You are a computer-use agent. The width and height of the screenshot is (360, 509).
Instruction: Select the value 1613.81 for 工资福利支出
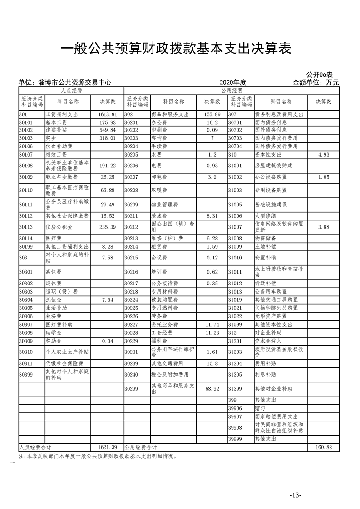(108, 115)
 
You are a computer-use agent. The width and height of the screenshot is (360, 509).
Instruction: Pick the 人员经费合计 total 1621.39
(108, 447)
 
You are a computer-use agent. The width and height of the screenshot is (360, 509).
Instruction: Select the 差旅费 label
(159, 216)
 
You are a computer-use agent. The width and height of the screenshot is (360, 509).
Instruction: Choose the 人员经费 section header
(71, 91)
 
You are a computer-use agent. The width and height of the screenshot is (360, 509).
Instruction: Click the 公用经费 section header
(232, 91)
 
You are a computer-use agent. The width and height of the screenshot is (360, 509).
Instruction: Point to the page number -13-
(295, 494)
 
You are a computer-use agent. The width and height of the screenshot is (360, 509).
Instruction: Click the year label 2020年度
(232, 83)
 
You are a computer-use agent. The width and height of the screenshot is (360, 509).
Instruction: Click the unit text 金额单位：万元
(316, 83)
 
